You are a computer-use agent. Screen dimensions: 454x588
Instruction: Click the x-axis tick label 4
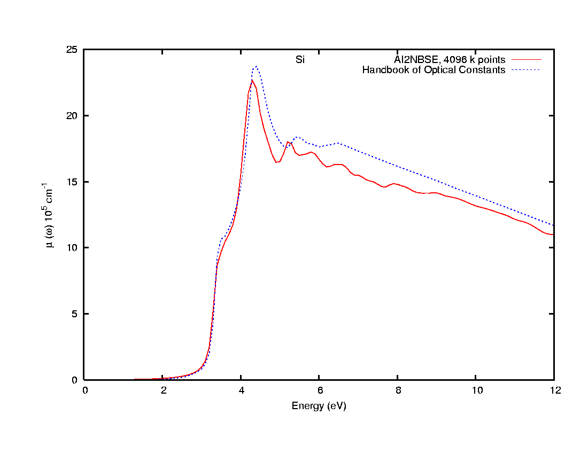[242, 390]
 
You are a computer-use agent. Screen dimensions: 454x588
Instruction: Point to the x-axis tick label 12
[554, 390]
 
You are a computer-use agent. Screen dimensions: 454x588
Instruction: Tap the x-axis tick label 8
[398, 390]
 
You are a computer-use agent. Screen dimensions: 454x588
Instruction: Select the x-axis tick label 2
[164, 390]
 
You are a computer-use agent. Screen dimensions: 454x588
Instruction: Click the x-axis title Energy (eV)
[319, 406]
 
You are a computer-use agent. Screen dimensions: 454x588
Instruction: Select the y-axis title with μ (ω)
[51, 215]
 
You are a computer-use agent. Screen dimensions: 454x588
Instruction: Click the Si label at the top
[300, 59]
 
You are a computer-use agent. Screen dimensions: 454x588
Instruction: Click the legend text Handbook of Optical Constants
[434, 70]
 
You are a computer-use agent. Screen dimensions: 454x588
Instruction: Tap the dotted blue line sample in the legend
[526, 70]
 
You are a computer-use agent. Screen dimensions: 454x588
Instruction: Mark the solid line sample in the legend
[526, 59]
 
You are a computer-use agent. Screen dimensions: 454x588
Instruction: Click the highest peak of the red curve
[252, 80]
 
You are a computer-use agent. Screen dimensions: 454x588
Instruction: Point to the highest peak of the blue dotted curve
[257, 66]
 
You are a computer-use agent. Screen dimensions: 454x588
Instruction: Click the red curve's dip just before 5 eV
[277, 162]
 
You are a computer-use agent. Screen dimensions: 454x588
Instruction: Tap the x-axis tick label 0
[86, 390]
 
